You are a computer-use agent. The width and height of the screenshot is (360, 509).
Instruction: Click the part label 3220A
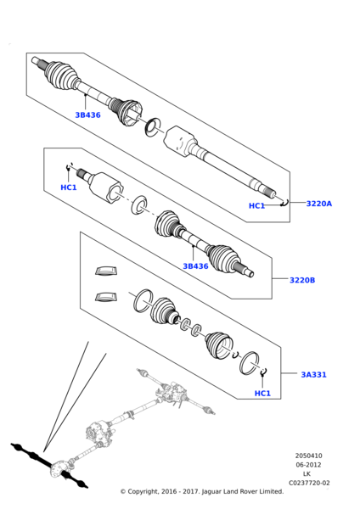point(318,204)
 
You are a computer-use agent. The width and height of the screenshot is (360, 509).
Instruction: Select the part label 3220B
point(302,280)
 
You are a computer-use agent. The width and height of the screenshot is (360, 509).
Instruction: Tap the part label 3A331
point(313,374)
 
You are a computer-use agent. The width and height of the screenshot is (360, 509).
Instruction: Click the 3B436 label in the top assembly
point(87,115)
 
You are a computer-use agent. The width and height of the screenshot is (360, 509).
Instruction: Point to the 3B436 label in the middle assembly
point(195,266)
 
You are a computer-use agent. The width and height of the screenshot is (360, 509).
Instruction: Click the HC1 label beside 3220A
point(256,206)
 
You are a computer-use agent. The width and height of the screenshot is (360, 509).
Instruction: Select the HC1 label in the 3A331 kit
point(262,394)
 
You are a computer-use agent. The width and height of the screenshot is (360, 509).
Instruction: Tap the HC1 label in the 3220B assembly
point(69,187)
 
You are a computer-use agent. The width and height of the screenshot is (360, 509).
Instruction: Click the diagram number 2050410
point(309,456)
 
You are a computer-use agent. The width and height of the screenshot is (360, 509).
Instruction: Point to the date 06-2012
point(308,465)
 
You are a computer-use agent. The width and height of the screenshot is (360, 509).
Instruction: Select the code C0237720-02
point(309,483)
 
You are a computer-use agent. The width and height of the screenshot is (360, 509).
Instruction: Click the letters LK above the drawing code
point(307,474)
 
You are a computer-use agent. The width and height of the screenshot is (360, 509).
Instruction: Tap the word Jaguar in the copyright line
point(212,492)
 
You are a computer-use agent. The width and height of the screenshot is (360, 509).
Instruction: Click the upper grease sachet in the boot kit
point(106,271)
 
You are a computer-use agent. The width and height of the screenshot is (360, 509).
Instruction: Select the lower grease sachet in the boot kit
point(106,297)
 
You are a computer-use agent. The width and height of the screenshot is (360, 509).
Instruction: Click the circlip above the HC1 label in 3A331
point(263,372)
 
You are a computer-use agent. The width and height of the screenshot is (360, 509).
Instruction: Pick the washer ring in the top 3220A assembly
point(153,127)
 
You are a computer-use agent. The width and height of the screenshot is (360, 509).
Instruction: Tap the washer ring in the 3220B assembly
point(139,204)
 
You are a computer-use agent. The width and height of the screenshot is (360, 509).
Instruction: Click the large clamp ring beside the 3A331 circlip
point(250,363)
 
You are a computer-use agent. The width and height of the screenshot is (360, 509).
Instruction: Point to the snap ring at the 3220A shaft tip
point(285,204)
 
